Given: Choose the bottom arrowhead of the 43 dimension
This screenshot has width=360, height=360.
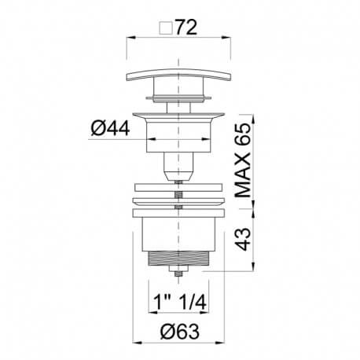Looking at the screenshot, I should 255,270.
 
